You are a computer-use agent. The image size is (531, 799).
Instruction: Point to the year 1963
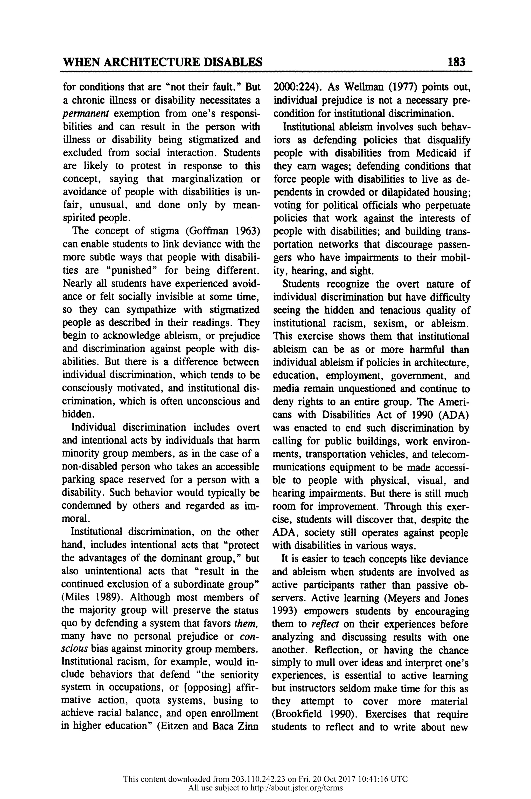point(247,231)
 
